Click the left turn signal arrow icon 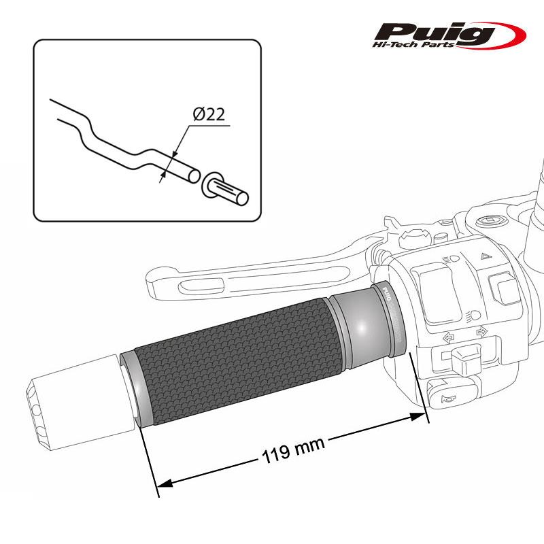449,336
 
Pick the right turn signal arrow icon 482,332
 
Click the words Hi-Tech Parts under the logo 429,45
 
